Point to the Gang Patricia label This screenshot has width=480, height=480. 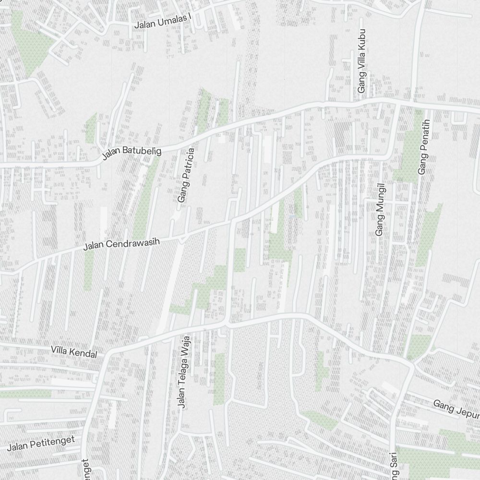pyautogui.click(x=186, y=175)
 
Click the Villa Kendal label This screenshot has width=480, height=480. pyautogui.click(x=74, y=352)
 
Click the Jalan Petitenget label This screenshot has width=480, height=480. pyautogui.click(x=42, y=444)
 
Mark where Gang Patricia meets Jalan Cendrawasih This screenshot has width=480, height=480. pyautogui.click(x=182, y=237)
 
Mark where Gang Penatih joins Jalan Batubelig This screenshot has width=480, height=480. pyautogui.click(x=425, y=105)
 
